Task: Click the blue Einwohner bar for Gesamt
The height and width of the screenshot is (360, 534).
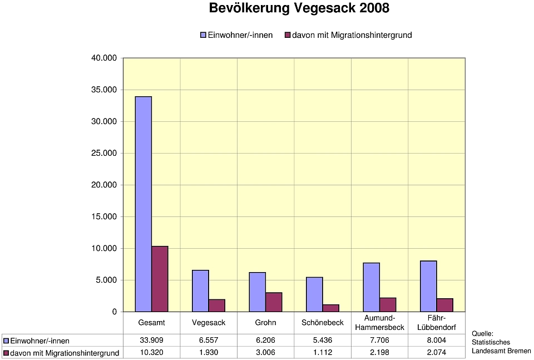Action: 144,204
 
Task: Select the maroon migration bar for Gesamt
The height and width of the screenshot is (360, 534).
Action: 160,279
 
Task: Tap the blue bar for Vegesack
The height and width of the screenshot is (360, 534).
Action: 200,291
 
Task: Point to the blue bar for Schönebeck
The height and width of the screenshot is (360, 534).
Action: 314,294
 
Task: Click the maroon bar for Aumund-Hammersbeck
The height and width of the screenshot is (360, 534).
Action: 388,305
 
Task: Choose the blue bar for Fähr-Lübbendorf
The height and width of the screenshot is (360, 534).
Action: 428,286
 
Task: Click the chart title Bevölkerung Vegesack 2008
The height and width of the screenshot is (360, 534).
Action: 299,9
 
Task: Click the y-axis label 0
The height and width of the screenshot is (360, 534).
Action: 115,312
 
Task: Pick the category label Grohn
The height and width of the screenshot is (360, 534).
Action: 265,323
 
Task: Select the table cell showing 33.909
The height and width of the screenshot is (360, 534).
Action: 151,341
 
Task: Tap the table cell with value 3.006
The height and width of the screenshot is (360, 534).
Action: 265,353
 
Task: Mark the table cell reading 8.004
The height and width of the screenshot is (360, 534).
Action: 436,341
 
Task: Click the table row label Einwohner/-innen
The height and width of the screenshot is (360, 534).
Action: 40,341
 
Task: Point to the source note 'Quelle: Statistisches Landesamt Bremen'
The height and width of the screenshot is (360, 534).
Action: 501,342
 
